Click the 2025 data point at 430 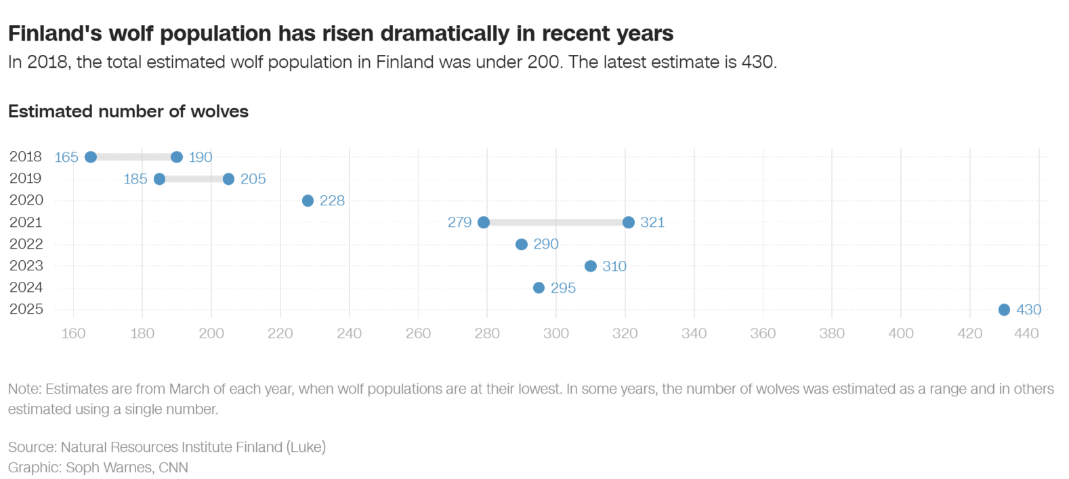(1004, 310)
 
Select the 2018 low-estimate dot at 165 (91, 157)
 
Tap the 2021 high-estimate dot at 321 (629, 222)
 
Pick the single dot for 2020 (308, 201)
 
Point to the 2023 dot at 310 (591, 266)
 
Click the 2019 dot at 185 (159, 179)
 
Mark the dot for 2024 (539, 288)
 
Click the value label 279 (459, 222)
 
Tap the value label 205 (253, 179)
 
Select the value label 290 (545, 244)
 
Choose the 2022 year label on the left (26, 244)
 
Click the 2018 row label (26, 157)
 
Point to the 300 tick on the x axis (556, 333)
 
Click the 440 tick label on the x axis (1026, 333)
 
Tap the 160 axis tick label (73, 333)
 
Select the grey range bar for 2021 (556, 222)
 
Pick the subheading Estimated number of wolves (128, 111)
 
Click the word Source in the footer (32, 447)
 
